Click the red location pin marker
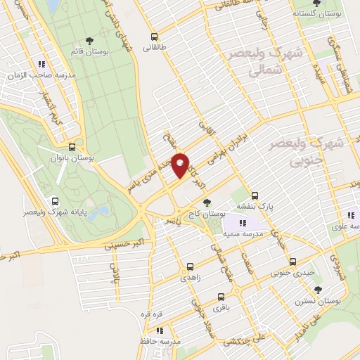tap(181, 165)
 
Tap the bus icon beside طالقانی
tap(153, 37)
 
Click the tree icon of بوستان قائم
tap(89, 41)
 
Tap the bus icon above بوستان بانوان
tap(72, 148)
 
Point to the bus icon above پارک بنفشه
tap(255, 196)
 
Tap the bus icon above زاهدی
tap(190, 267)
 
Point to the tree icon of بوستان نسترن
tap(319, 290)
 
